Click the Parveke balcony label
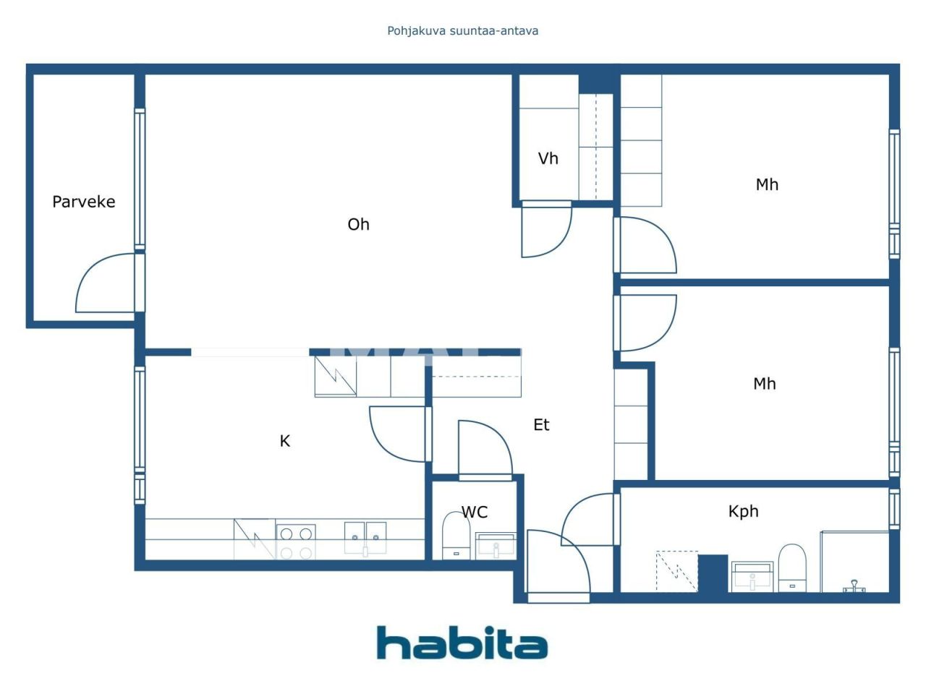click(x=83, y=202)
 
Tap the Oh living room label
click(x=358, y=224)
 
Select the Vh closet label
click(x=548, y=158)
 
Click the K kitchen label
click(x=284, y=441)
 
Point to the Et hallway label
click(x=541, y=425)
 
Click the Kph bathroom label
click(x=743, y=511)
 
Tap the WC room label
click(x=475, y=512)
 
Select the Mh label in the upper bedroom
click(x=767, y=184)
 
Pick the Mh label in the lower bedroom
click(x=764, y=384)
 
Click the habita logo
click(x=462, y=643)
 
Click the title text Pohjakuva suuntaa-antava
click(x=462, y=30)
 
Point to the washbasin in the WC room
click(x=496, y=546)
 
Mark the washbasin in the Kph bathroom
click(x=752, y=576)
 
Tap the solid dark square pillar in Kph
click(x=713, y=573)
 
